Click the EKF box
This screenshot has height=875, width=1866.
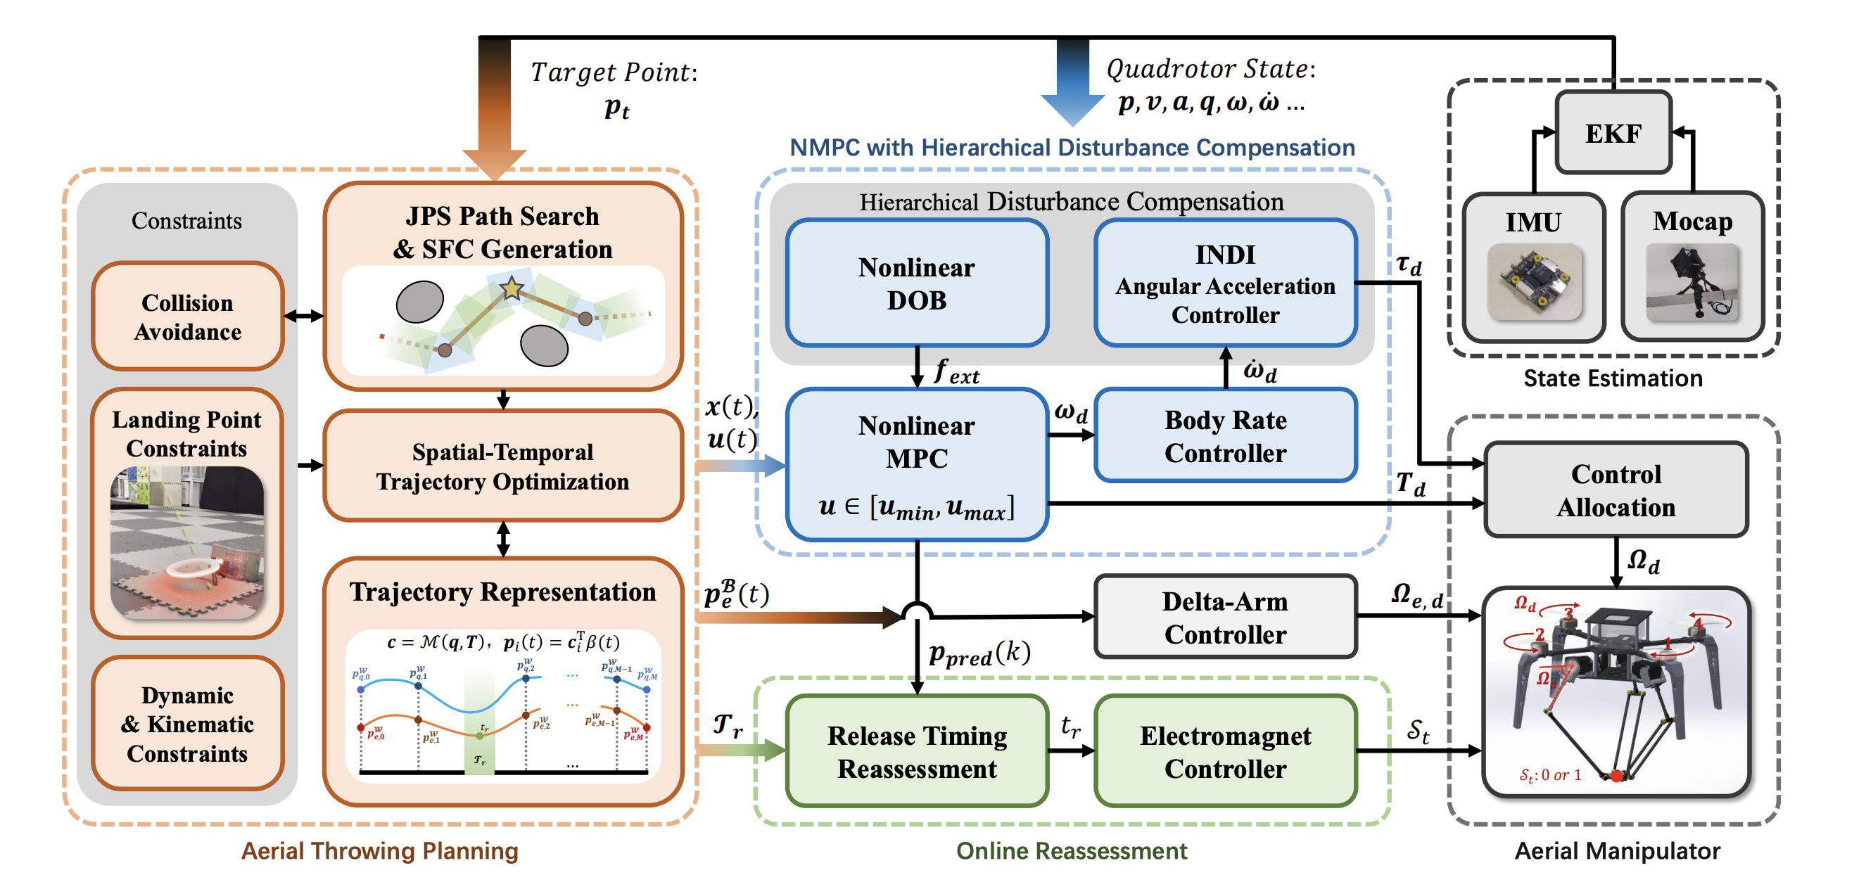coord(1613,132)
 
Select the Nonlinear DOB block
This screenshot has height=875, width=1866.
coord(916,283)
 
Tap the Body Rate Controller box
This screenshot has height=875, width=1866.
coord(1225,436)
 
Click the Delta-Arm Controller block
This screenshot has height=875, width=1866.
coord(1225,617)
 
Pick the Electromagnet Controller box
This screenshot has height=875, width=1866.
coord(1225,751)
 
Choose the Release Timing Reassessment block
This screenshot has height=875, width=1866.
coord(916,751)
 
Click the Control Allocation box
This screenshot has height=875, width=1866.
coord(1616,490)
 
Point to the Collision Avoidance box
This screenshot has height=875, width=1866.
coord(187,317)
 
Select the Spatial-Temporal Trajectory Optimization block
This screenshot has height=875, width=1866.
coord(502,466)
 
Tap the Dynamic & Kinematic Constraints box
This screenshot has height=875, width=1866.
coord(187,724)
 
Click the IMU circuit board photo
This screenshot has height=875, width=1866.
coord(1533,282)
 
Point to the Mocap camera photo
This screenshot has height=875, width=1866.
coord(1692,282)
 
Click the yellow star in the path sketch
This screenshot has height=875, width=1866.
coord(512,288)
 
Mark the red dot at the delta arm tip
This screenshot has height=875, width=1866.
coord(1616,776)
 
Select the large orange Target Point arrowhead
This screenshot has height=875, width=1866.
coord(494,163)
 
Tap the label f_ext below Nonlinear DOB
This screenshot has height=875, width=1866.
coord(956,372)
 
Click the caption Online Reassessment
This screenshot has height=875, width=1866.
coord(1072,850)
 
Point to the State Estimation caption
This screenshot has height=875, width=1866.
coord(1613,378)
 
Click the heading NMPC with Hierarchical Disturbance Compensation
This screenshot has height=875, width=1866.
coord(1072,148)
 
